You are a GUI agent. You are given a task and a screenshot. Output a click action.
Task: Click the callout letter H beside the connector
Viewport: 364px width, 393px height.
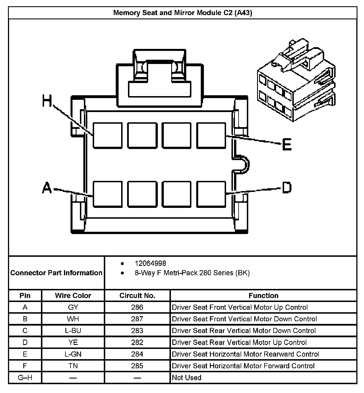click(47, 101)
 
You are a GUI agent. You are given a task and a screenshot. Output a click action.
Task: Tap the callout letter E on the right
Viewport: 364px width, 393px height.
click(287, 144)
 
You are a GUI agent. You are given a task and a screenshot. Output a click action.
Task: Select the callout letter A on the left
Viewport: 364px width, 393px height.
click(47, 188)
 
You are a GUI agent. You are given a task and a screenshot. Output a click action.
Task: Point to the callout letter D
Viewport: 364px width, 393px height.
click(287, 188)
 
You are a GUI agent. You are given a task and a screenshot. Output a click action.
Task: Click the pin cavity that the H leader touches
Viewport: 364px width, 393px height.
click(107, 135)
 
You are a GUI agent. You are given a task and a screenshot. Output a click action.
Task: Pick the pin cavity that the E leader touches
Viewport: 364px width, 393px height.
click(211, 135)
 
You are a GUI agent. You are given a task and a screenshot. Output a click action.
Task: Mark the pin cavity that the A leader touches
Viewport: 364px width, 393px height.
click(107, 194)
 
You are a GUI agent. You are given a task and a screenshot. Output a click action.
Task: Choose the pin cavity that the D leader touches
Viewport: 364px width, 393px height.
click(211, 194)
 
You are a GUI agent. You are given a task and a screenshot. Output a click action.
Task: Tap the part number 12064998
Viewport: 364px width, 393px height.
click(150, 263)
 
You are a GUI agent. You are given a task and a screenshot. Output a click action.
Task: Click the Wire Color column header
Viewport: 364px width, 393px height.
click(73, 295)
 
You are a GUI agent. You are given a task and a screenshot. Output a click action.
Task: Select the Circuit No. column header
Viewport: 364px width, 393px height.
click(137, 295)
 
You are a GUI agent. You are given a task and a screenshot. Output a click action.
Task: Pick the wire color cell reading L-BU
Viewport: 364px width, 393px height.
click(73, 331)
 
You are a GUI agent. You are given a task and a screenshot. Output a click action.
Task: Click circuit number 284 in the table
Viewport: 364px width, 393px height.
click(137, 354)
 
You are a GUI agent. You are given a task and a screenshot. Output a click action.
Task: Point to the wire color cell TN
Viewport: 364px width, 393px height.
click(73, 366)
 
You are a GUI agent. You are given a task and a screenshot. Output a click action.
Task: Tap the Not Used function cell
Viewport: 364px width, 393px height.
click(187, 378)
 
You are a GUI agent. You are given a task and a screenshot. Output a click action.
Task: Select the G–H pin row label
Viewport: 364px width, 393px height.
click(25, 378)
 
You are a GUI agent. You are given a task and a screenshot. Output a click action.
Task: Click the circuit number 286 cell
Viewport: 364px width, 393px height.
click(137, 307)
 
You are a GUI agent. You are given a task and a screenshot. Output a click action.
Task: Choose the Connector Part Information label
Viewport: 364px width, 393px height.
click(56, 273)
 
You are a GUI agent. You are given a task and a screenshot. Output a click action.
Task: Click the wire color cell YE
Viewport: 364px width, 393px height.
click(73, 342)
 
